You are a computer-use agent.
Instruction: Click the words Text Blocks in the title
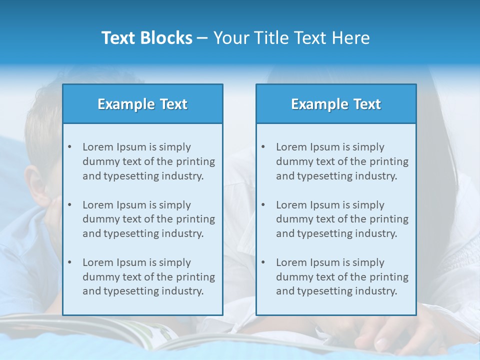pos(146,38)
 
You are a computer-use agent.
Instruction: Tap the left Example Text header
pos(142,104)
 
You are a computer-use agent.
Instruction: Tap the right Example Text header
pos(336,104)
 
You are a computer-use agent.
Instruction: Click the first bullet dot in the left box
pos(69,147)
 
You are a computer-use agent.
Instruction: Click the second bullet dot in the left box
pos(69,205)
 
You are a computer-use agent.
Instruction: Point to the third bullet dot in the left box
pos(69,262)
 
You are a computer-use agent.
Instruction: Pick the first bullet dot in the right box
pos(263,147)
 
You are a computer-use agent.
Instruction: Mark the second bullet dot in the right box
pos(263,205)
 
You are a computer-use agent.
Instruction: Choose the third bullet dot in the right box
pos(263,262)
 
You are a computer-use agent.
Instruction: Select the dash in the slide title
pos(203,38)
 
